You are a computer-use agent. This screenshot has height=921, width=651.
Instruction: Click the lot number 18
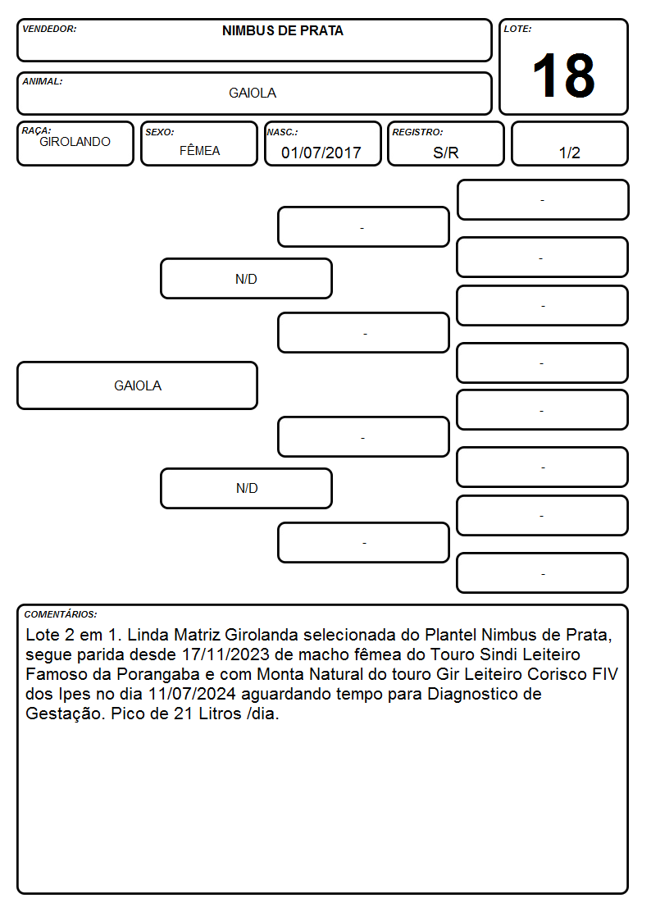click(563, 75)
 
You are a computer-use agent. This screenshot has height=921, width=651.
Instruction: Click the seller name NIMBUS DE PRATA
click(282, 31)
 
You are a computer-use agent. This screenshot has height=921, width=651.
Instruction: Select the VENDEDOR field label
click(49, 29)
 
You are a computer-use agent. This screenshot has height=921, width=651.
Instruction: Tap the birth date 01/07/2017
click(321, 153)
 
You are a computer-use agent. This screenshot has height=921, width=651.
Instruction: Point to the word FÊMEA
click(199, 150)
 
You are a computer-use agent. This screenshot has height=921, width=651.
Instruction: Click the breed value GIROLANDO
click(75, 142)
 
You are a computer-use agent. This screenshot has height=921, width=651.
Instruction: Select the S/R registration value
click(445, 153)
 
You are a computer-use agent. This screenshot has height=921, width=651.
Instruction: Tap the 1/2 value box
click(569, 144)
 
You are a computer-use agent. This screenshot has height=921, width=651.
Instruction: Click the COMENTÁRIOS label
click(61, 614)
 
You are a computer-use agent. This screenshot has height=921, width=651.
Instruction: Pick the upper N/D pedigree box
click(246, 278)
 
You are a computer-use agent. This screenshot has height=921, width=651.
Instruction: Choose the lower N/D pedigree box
click(246, 488)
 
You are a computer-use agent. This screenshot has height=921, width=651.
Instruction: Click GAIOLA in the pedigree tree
click(138, 385)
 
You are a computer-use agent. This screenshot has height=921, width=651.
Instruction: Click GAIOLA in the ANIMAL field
click(253, 93)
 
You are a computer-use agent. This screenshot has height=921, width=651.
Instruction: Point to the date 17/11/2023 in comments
click(226, 654)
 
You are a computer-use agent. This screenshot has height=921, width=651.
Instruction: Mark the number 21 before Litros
click(183, 714)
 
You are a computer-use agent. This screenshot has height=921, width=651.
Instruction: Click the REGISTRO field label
click(417, 132)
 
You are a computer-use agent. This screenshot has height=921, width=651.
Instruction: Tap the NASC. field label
click(282, 132)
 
